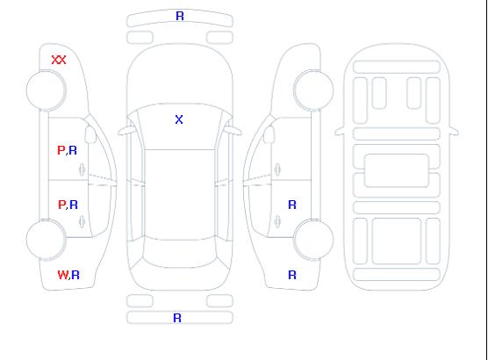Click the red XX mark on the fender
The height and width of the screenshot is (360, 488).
point(59,60)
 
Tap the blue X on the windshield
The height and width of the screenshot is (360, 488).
point(179,119)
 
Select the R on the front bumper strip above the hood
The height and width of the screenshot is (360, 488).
point(180,16)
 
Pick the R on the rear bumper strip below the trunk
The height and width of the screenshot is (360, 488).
point(177,318)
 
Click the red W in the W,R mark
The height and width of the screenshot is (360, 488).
point(62,275)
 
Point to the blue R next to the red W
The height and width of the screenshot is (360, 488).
point(75,275)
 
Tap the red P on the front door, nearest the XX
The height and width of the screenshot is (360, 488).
point(61,150)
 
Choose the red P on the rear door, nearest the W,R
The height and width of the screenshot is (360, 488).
point(61,205)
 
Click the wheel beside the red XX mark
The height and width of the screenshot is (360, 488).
point(46,90)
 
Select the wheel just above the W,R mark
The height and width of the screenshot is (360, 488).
point(46,240)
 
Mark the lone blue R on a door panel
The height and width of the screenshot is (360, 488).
point(292,205)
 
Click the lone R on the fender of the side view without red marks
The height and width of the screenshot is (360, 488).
point(292,275)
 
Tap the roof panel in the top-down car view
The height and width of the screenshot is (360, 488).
point(180,195)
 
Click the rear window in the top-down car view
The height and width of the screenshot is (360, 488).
point(180,254)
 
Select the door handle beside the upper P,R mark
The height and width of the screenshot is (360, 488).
point(82,169)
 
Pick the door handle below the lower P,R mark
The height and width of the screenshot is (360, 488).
point(82,221)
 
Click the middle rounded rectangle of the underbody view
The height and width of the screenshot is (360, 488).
point(397,170)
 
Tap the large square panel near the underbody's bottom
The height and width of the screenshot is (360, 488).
point(397,241)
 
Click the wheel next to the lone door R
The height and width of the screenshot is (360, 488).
point(313,240)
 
